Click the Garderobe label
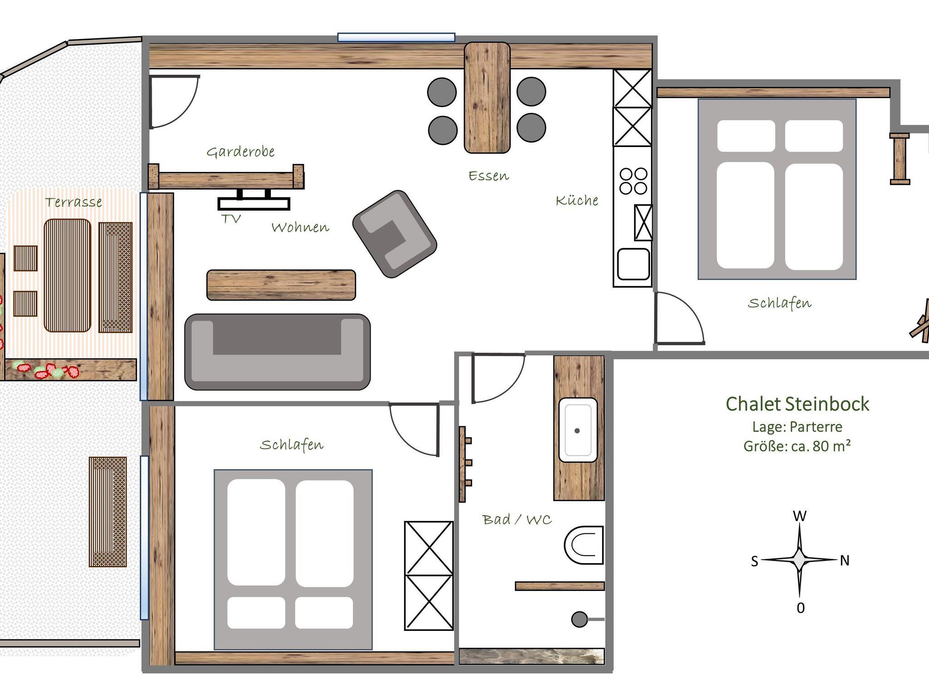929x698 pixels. point(240,152)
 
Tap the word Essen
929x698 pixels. point(489,176)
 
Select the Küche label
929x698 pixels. point(577,200)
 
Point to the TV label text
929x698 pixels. point(231,219)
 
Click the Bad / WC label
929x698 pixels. point(517,519)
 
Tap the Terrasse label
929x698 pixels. point(73,202)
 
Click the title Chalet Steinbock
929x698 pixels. point(797,404)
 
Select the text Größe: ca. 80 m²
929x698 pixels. point(797,446)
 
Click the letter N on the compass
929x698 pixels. point(844,561)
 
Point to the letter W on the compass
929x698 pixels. point(799,516)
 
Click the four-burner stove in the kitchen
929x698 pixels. point(633,181)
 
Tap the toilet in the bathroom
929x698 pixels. point(584,545)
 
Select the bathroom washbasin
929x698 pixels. point(577,430)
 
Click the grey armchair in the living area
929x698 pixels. point(395,234)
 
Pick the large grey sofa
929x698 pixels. point(277,352)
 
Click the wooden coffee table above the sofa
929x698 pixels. point(281,285)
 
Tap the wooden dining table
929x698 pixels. point(487,98)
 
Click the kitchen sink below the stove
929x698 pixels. point(633,264)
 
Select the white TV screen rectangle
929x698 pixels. point(254,204)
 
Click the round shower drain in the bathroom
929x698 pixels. point(579,619)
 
